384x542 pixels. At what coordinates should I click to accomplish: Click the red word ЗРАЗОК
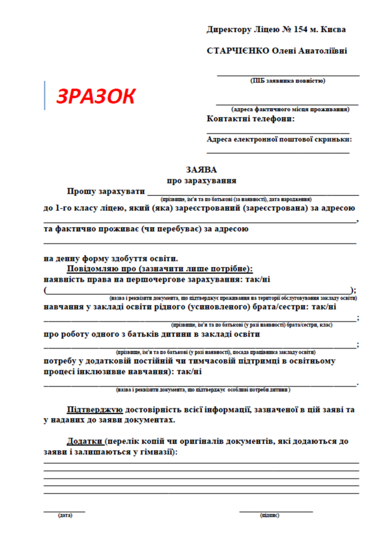[96, 96]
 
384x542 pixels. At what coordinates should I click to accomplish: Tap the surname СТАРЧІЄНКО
[236, 51]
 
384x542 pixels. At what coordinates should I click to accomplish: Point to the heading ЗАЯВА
[201, 170]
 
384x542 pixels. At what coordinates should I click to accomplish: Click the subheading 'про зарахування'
[201, 180]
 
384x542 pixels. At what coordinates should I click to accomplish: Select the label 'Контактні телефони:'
[251, 119]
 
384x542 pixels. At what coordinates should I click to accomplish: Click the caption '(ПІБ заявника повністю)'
[288, 81]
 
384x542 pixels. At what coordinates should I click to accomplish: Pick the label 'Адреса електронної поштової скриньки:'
[280, 140]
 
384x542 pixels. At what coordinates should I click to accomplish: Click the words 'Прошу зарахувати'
[105, 191]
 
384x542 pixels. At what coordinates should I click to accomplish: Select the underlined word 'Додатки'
[85, 441]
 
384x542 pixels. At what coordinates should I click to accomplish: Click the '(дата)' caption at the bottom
[65, 515]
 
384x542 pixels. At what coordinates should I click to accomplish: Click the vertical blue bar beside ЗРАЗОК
[45, 95]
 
